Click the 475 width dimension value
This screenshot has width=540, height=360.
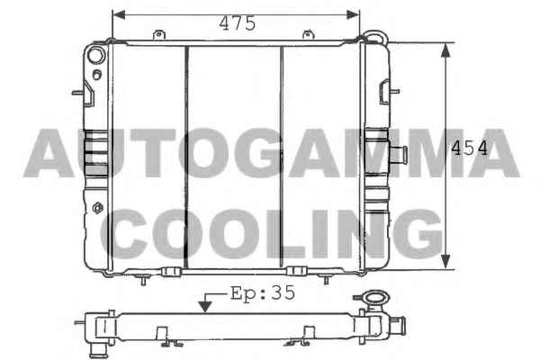pos(238,23)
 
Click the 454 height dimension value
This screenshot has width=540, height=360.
pos(470,148)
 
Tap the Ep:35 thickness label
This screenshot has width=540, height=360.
pos(263,293)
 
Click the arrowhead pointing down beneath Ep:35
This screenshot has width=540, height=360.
pos(205,307)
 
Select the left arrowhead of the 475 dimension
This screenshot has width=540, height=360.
pos(119,14)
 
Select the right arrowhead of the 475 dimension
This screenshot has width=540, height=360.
pos(353,14)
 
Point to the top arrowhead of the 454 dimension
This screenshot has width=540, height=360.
pos(446,50)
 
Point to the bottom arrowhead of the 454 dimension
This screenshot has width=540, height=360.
pos(446,262)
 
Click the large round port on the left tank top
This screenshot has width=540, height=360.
pos(96,56)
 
